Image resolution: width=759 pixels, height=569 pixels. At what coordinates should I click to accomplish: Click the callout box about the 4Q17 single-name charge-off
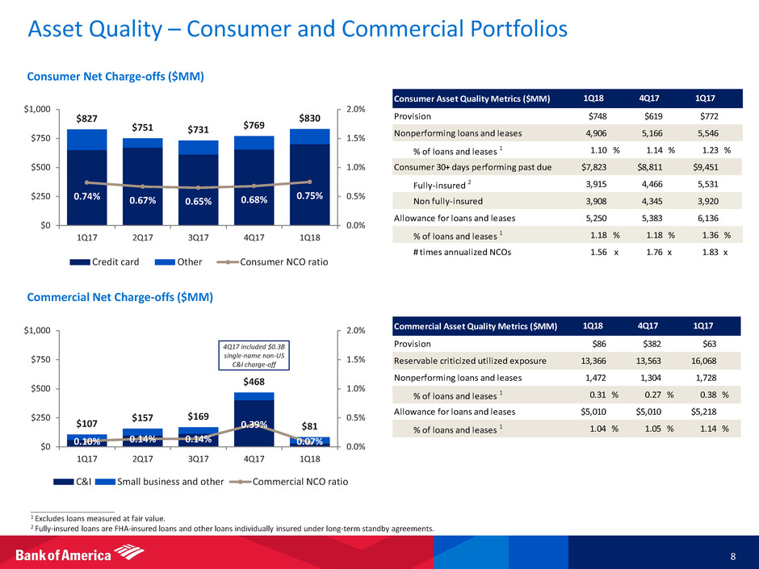pos(255,353)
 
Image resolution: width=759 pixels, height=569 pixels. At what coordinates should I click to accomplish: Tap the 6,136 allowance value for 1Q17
pos(711,218)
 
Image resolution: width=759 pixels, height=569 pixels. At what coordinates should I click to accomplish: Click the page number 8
pos(732,555)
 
